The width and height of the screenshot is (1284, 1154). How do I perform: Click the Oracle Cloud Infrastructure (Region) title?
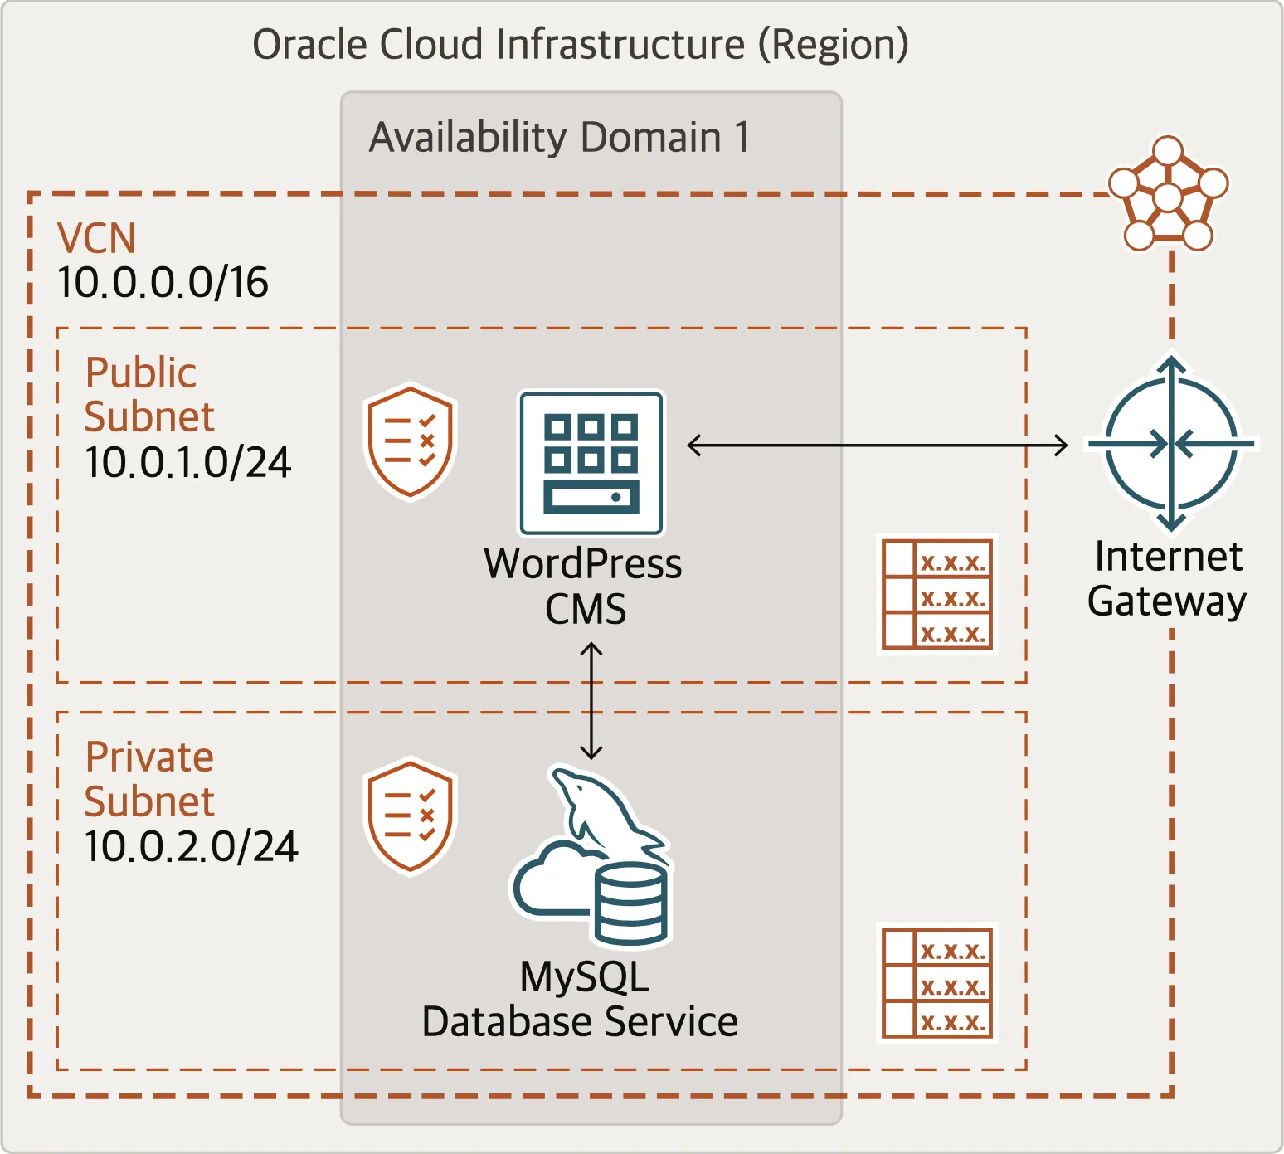pos(581,45)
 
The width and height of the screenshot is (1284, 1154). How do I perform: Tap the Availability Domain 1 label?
pos(559,137)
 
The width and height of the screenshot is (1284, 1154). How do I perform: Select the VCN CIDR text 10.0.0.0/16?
pos(163,282)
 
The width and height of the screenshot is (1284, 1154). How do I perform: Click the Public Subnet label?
pos(149,394)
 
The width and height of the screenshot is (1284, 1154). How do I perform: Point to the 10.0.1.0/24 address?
pos(187,462)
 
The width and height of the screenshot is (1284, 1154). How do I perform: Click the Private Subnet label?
pos(149,779)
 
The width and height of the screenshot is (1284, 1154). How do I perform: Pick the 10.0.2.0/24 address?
pos(191,846)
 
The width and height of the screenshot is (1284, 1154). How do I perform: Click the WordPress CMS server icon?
pos(591,464)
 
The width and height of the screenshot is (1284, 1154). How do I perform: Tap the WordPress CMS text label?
pos(583,586)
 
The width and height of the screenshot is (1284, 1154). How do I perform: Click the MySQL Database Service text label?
pos(580,999)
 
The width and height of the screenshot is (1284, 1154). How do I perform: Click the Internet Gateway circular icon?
pos(1171,443)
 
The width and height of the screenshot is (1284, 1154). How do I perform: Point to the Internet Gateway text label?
pos(1167,578)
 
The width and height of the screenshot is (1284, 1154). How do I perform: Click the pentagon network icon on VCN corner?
pos(1168,194)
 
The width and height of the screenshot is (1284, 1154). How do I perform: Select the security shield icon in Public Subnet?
pos(411,442)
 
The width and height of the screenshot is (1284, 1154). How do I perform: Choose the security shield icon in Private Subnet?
pos(411,816)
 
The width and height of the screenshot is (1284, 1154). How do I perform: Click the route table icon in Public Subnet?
pos(937,594)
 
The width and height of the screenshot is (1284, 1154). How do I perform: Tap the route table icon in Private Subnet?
pos(937,982)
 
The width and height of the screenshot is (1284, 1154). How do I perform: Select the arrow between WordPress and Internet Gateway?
pos(878,446)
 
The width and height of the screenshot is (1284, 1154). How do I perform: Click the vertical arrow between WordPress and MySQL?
pos(591,701)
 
